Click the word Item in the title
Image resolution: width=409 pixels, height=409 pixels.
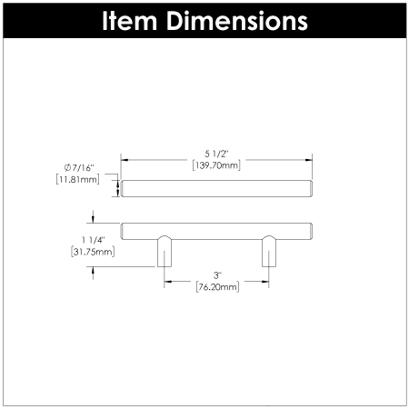pyautogui.click(x=130, y=21)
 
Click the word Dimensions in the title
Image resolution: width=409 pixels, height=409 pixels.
pyautogui.click(x=237, y=21)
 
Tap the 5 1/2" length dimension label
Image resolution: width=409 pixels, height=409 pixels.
pyautogui.click(x=216, y=154)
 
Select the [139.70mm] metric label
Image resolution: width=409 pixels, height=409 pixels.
pyautogui.click(x=216, y=165)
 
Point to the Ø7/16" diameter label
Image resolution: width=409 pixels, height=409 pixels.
pyautogui.click(x=79, y=167)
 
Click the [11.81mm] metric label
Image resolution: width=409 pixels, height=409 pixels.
pyautogui.click(x=77, y=179)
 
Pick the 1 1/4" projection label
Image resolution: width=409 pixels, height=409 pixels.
pyautogui.click(x=94, y=240)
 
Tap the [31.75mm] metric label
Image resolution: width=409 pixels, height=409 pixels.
pyautogui.click(x=93, y=252)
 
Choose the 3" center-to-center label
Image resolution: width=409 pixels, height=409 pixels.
pyautogui.click(x=217, y=275)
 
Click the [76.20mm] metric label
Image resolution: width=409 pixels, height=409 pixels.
pyautogui.click(x=217, y=286)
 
